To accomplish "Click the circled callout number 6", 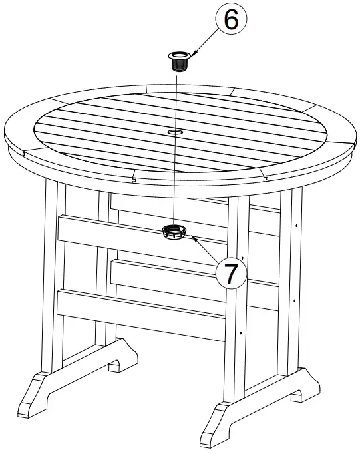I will pos(230,21).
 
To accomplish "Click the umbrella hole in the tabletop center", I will pos(176,133).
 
